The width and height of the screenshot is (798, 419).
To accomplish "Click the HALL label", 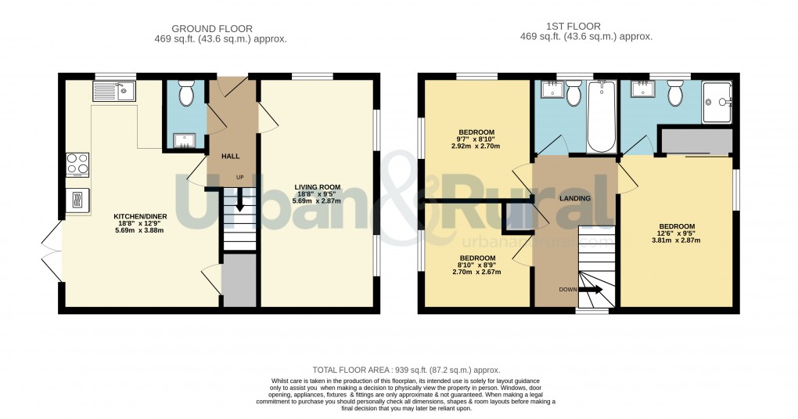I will click(x=230, y=157).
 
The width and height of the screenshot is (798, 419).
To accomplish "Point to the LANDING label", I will click(x=574, y=198).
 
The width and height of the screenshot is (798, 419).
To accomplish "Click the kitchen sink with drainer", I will click(x=114, y=93).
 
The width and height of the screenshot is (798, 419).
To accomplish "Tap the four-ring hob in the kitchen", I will click(x=77, y=164).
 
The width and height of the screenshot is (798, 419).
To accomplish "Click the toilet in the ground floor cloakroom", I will click(x=186, y=94).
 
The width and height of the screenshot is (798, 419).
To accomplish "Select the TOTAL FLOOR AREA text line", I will click(x=406, y=370).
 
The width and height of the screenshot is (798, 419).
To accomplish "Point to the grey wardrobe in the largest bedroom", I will click(x=696, y=142).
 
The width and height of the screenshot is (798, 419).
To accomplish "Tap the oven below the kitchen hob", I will click(x=77, y=200).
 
